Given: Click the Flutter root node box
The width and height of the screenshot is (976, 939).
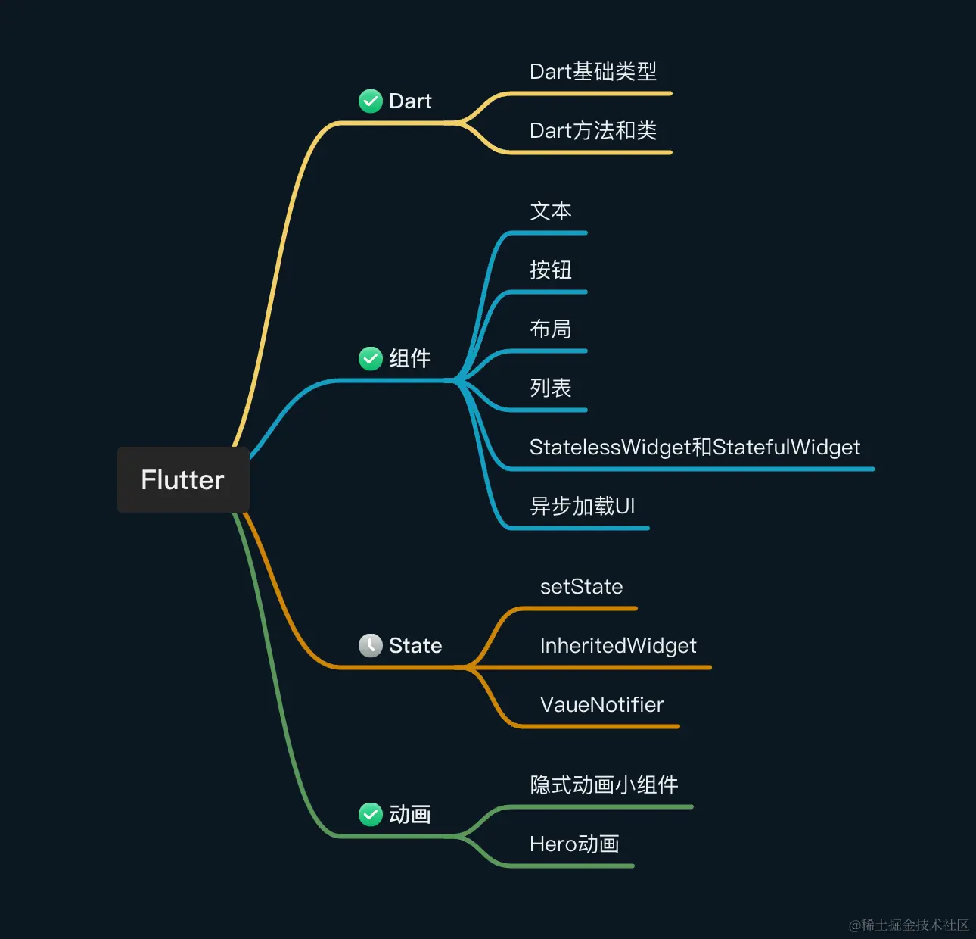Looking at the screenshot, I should pyautogui.click(x=182, y=479).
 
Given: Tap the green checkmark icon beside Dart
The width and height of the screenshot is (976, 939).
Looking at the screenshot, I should pyautogui.click(x=370, y=101).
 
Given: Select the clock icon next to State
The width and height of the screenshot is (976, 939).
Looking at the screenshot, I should pyautogui.click(x=370, y=645).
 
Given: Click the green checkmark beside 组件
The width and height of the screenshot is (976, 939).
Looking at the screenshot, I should pyautogui.click(x=370, y=358).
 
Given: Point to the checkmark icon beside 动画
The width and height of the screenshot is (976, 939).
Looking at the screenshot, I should pyautogui.click(x=370, y=814).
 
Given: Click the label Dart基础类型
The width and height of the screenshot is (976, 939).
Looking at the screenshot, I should pyautogui.click(x=592, y=72).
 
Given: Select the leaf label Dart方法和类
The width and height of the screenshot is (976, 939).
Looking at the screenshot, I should pyautogui.click(x=592, y=131).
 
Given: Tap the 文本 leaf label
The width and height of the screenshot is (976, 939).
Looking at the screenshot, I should pyautogui.click(x=550, y=211).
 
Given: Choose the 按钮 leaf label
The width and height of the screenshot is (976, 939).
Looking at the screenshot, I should pyautogui.click(x=550, y=270).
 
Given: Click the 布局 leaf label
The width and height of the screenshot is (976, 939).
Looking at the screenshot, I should pyautogui.click(x=550, y=329).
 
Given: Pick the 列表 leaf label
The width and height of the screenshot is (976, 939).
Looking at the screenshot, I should pyautogui.click(x=550, y=388).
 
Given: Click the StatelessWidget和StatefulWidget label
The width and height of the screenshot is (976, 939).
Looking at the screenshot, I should pyautogui.click(x=695, y=448).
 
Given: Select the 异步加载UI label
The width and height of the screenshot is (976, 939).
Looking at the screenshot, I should pyautogui.click(x=582, y=507).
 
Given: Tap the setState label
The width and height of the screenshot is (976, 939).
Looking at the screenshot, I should pyautogui.click(x=581, y=587).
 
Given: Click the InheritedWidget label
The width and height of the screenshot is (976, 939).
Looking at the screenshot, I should pyautogui.click(x=618, y=646).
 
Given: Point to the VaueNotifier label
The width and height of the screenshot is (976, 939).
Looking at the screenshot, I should pyautogui.click(x=601, y=705).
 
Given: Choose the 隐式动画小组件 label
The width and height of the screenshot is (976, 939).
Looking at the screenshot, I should pyautogui.click(x=604, y=785).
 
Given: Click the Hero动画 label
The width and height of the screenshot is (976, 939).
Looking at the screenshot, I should pyautogui.click(x=574, y=844).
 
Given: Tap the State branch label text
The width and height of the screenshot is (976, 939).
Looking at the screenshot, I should pyautogui.click(x=415, y=646).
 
